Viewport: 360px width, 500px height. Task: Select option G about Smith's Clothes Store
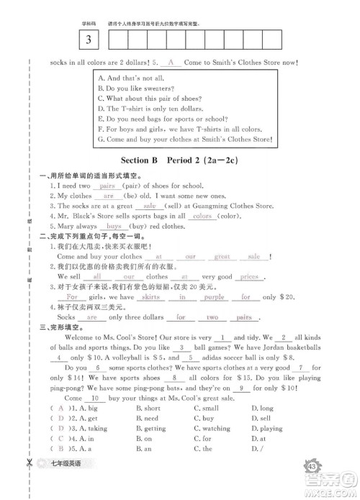click(189, 139)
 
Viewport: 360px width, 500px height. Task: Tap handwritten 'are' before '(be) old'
click(109, 196)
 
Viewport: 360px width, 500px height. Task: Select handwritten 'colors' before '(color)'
click(202, 216)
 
